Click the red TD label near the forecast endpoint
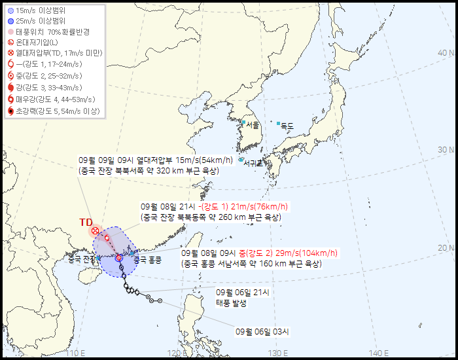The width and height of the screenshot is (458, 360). (86, 223)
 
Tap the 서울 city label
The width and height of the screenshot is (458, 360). (253, 124)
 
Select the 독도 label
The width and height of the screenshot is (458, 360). (287, 125)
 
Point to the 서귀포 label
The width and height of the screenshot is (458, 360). (253, 163)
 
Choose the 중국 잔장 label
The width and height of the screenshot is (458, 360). (82, 260)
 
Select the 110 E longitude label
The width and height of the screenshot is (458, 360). (77, 353)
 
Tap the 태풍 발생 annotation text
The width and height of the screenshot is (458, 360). (232, 303)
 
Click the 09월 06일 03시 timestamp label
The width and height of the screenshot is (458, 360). (262, 332)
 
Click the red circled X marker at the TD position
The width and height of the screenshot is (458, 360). (96, 231)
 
